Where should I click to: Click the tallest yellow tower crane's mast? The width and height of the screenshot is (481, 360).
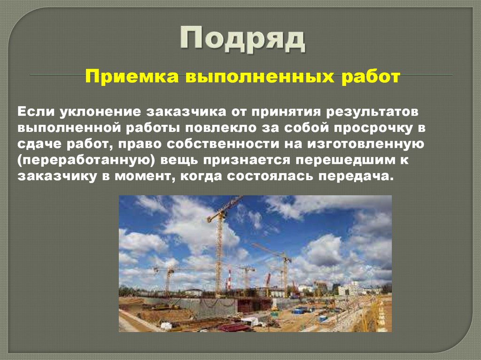[219, 253]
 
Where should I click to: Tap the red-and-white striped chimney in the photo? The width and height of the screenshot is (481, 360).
[228, 280]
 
